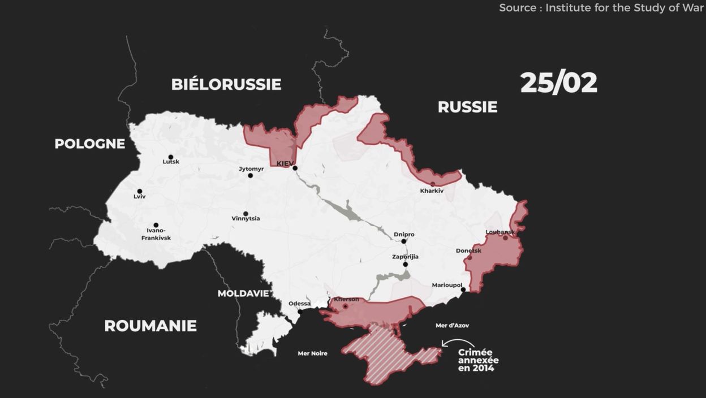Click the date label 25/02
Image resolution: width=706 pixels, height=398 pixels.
coord(558,83)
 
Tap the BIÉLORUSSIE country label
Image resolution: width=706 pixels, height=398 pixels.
coord(226,84)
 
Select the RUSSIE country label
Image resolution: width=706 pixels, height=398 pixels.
coord(467,107)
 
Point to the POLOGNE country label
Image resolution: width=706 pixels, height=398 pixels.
coord(89,144)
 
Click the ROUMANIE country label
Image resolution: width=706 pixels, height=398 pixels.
coord(150,326)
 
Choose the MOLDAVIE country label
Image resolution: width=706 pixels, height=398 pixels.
coord(243,293)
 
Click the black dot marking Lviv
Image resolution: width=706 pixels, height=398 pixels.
coord(140,191)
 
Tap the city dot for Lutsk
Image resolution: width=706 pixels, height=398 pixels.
coord(171,157)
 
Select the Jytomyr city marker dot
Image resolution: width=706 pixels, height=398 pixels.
coord(251,175)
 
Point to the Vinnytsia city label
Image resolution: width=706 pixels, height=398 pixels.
coord(246,219)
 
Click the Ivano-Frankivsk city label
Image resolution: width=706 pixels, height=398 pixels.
coord(156,234)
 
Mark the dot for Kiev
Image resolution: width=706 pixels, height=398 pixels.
coord(295,168)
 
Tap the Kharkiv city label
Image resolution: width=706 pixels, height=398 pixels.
coord(432,191)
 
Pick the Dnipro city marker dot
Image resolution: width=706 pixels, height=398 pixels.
coord(404,241)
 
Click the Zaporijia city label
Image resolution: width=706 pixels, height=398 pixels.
coord(405,257)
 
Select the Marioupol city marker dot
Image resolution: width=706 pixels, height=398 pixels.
coord(463,290)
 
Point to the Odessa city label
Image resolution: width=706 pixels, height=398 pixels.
coord(299,304)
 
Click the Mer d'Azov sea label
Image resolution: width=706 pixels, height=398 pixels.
coord(452,326)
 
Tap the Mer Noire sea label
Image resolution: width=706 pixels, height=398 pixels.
coord(312,353)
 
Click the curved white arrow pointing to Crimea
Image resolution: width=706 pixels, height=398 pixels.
coord(457,343)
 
